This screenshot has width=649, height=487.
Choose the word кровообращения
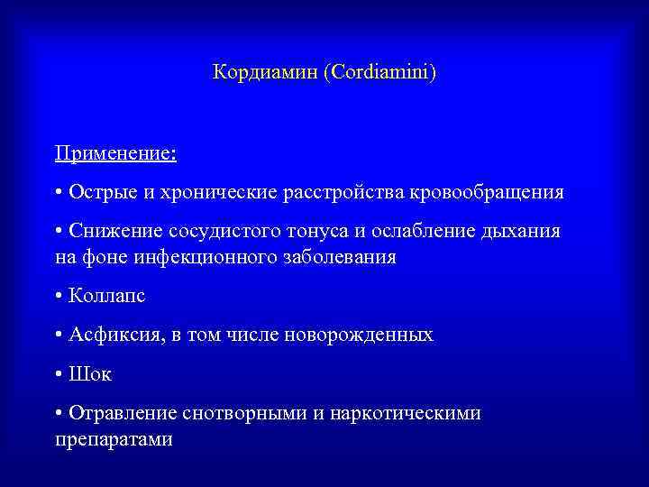point(489,192)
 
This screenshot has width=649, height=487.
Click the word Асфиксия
point(112,335)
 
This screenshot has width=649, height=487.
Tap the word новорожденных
point(359,335)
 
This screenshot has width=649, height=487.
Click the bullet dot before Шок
point(58,373)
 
